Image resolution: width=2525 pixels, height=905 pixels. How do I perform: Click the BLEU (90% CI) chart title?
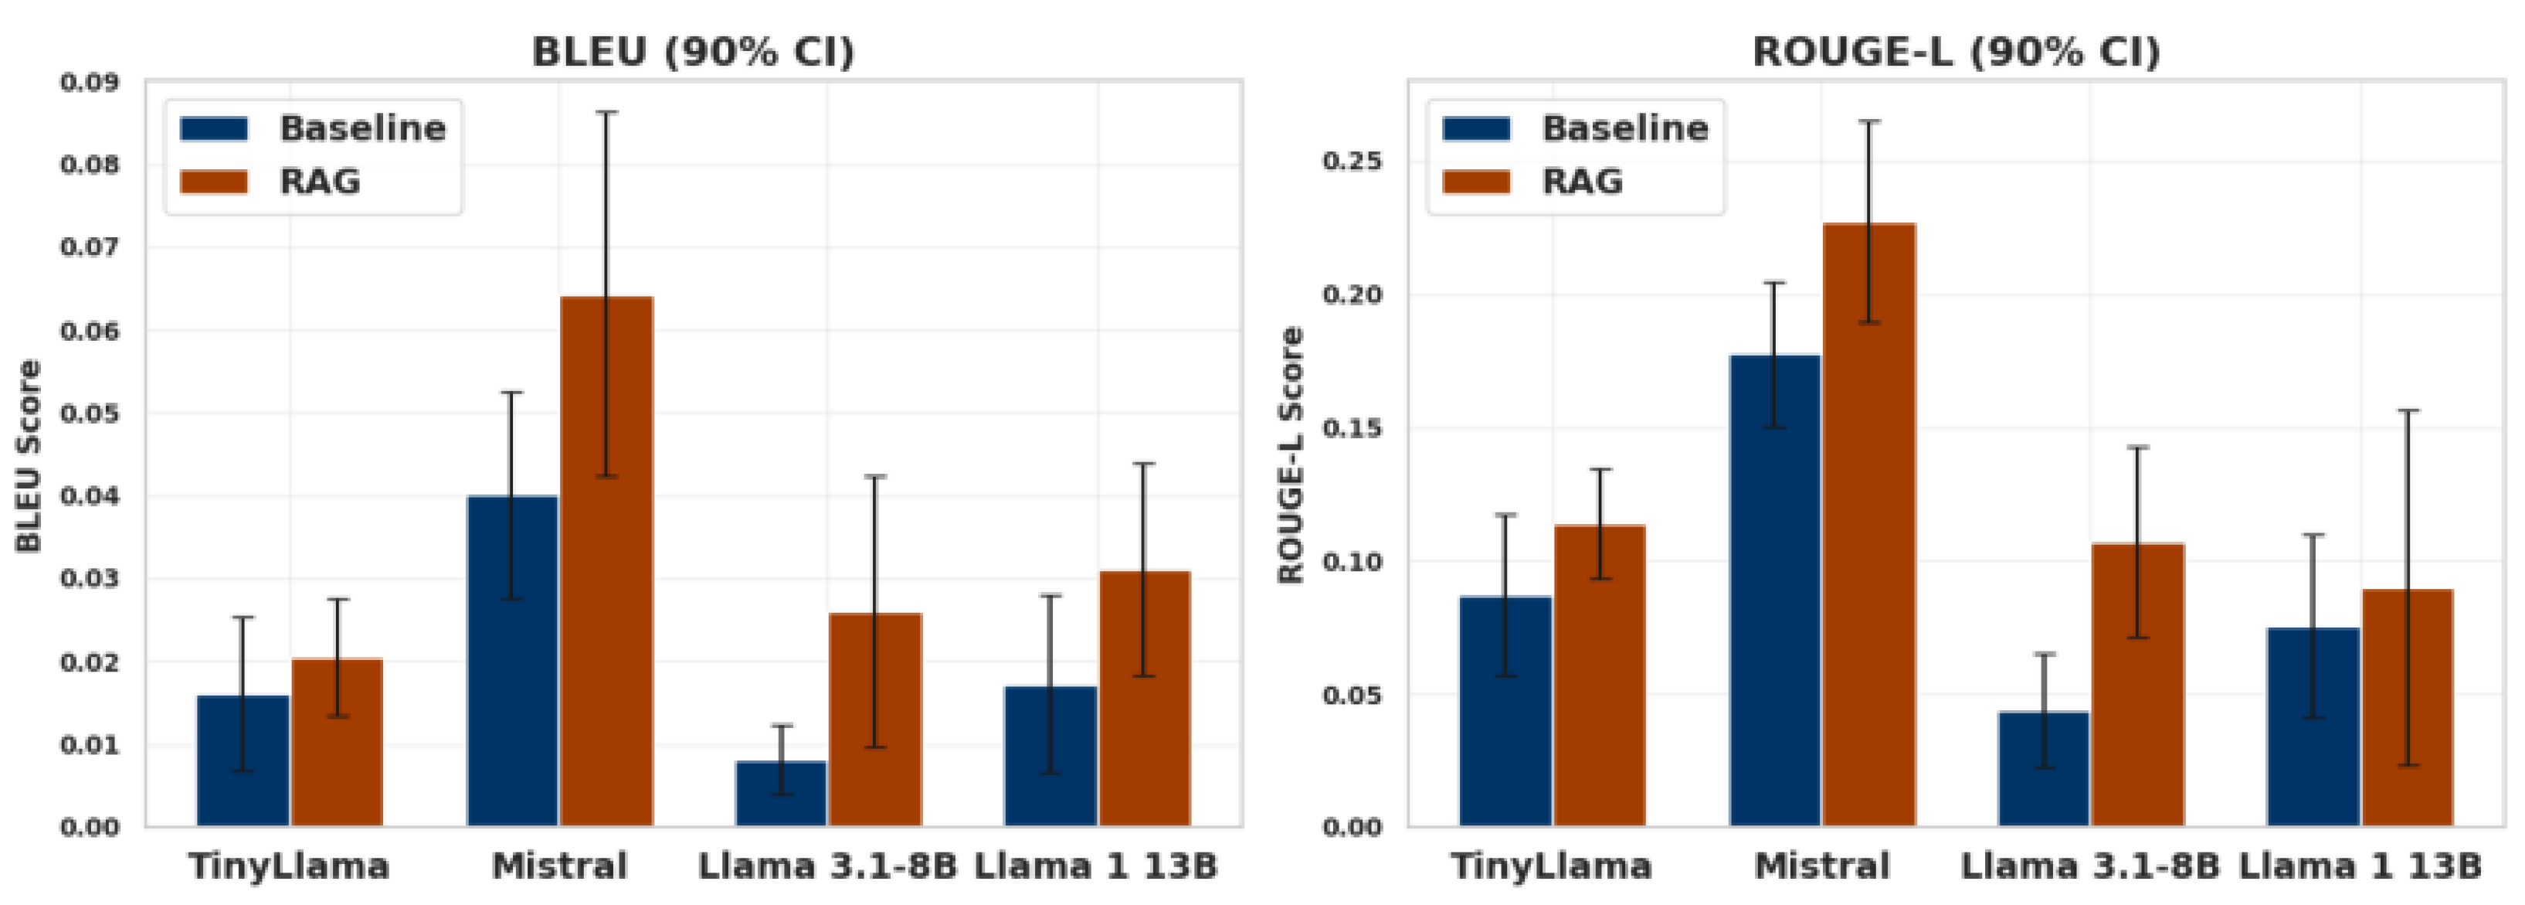click(693, 51)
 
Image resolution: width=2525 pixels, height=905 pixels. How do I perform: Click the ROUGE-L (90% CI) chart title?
click(1956, 51)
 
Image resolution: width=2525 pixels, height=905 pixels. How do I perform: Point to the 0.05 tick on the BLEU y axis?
click(90, 413)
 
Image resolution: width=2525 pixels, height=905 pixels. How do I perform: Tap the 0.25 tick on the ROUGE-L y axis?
click(1352, 161)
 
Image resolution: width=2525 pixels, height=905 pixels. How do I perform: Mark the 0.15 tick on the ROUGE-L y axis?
click(1352, 428)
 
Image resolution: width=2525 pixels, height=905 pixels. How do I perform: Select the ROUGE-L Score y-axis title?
click(1292, 456)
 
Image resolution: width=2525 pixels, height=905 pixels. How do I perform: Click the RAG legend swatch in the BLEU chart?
click(214, 182)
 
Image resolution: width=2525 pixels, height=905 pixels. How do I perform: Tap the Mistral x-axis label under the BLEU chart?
click(558, 866)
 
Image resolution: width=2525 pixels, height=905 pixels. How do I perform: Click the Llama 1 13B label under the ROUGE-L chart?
click(2360, 866)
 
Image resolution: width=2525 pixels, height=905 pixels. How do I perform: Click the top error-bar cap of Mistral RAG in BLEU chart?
click(607, 113)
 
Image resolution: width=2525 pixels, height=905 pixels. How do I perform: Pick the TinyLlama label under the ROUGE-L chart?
click(1552, 866)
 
